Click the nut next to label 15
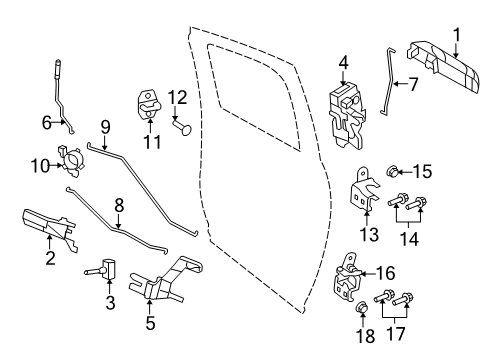click(394, 172)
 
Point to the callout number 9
click(104, 127)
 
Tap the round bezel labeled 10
click(73, 160)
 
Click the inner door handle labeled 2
click(49, 226)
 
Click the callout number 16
click(384, 271)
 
